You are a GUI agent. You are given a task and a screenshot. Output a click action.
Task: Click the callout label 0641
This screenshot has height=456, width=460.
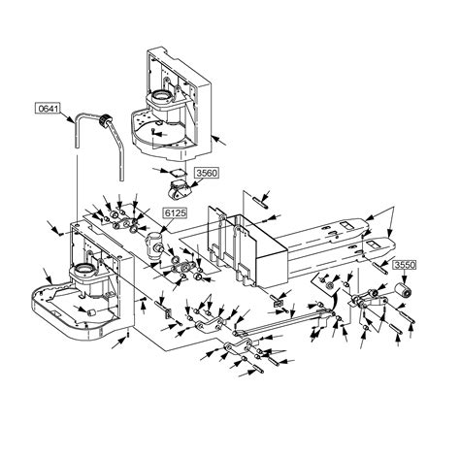pos(48,108)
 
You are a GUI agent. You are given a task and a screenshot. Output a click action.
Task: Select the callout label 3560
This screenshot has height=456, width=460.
pos(207,173)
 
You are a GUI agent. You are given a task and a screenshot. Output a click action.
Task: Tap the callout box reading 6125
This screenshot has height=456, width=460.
pos(176,212)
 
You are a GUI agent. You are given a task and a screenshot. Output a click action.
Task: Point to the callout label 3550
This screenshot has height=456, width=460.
pos(405,265)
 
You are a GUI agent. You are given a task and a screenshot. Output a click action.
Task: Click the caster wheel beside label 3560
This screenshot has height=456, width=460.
pos(179,189)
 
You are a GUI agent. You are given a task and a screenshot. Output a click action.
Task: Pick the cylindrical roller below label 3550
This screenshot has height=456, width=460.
pos(404,290)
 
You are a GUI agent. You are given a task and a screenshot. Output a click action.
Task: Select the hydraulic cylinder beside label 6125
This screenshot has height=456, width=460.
pos(154,245)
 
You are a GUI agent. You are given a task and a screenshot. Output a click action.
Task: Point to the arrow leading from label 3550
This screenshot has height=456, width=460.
pos(404,277)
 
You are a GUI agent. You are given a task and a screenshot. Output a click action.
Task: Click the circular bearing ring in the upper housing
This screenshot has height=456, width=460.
pos(161,96)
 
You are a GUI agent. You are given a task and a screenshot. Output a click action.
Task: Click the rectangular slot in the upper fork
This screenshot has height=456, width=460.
pos(345,224)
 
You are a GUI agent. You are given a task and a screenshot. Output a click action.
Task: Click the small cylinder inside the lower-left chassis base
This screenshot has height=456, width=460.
pos(92,312)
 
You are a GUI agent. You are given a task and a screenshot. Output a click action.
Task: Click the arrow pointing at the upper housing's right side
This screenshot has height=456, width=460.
pos(219,141)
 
